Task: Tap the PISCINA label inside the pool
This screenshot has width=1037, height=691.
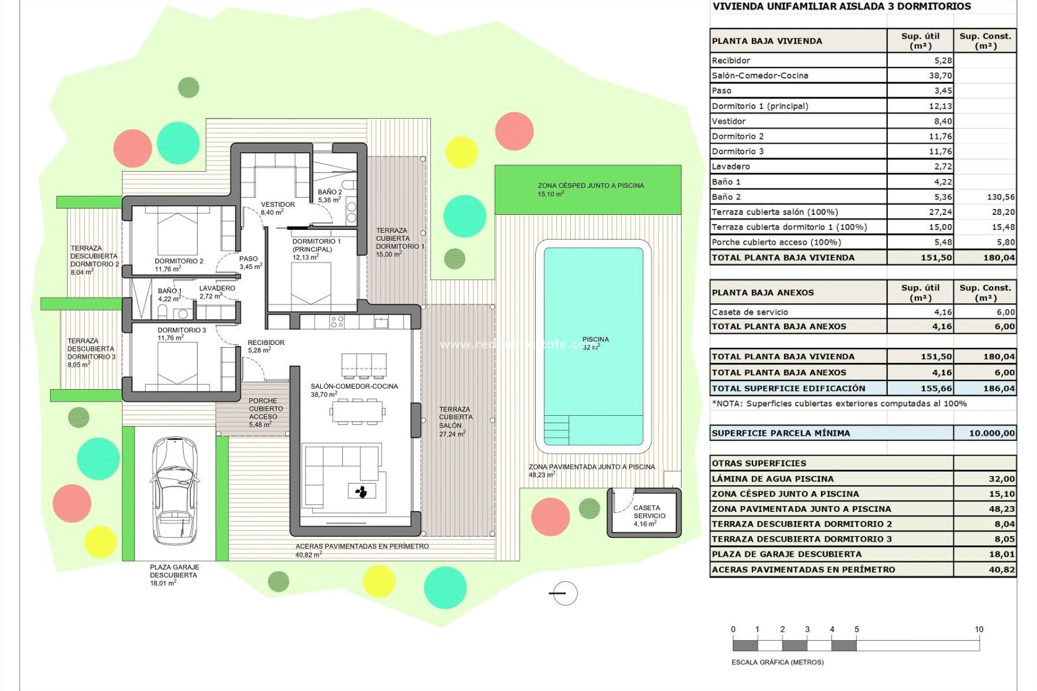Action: (x=595, y=340)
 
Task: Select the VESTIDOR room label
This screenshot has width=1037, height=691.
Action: (x=278, y=205)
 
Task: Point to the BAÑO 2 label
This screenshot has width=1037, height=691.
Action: (x=329, y=192)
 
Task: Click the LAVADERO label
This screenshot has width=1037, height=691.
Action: (x=217, y=288)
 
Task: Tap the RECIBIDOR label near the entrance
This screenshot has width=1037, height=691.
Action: (x=266, y=343)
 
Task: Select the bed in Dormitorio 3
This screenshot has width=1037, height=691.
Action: (x=177, y=363)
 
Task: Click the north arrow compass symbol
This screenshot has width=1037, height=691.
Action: (x=565, y=593)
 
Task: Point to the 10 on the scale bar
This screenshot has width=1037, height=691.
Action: (x=979, y=629)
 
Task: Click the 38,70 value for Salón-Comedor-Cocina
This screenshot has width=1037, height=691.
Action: (x=940, y=76)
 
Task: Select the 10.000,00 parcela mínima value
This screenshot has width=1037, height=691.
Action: (x=991, y=433)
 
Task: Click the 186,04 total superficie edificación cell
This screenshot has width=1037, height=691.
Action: (x=999, y=388)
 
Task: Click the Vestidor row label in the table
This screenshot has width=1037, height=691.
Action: (x=729, y=121)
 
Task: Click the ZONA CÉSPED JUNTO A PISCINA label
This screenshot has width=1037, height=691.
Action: (x=590, y=186)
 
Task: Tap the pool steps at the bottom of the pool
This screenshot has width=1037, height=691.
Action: (x=556, y=430)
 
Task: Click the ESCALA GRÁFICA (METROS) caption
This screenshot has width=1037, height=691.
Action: (x=777, y=662)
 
